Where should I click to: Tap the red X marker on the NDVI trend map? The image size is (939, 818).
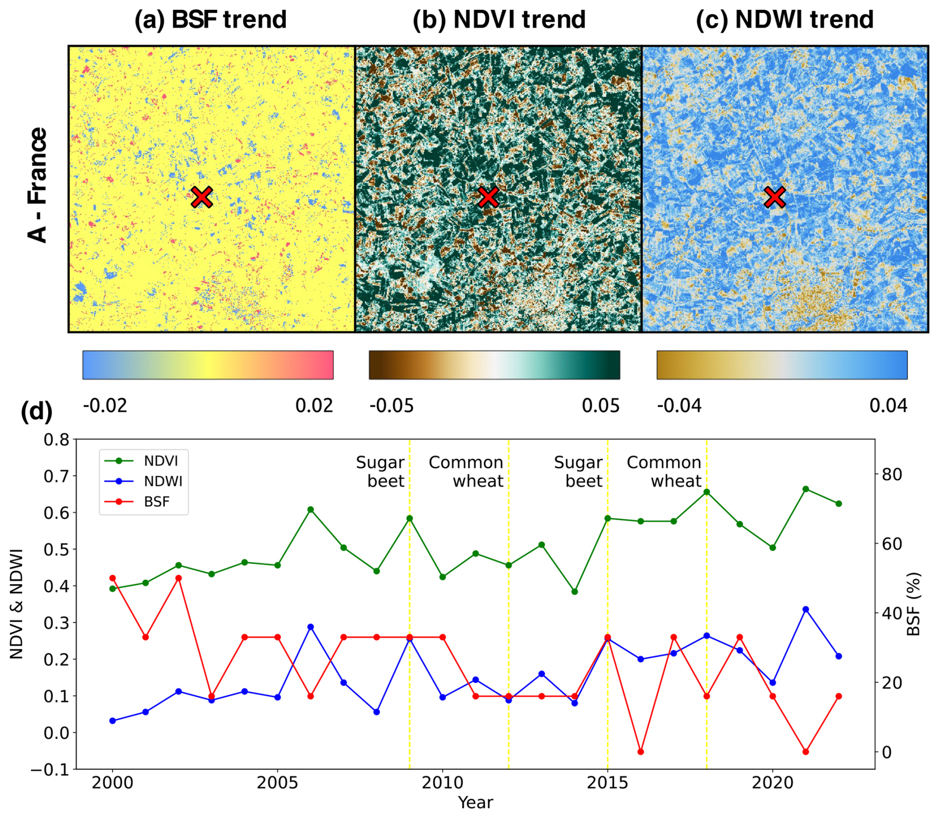[x=488, y=197]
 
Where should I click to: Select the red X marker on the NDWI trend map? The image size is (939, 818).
[x=775, y=197]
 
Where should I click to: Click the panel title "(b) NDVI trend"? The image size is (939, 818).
[x=499, y=20]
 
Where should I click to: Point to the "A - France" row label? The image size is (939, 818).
[x=38, y=185]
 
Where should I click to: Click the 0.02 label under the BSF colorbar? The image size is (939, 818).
[x=314, y=406]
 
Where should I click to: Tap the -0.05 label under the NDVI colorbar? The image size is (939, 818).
[x=392, y=406]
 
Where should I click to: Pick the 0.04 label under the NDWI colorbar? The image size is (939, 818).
[x=888, y=406]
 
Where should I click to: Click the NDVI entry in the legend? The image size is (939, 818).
[x=160, y=461]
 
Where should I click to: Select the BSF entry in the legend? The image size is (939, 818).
[x=156, y=502]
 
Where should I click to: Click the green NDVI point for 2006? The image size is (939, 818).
[x=311, y=509]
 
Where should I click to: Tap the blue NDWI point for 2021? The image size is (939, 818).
[x=805, y=609]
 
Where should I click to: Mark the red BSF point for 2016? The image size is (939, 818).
[x=641, y=752]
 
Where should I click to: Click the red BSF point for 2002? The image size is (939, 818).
[x=179, y=578]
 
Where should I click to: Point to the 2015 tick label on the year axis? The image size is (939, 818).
[x=607, y=783]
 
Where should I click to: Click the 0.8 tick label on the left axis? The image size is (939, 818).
[x=57, y=440]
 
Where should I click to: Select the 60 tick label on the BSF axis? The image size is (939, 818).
[x=892, y=544]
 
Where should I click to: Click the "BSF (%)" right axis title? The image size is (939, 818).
[x=913, y=604]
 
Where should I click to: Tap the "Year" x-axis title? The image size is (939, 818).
[x=475, y=802]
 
